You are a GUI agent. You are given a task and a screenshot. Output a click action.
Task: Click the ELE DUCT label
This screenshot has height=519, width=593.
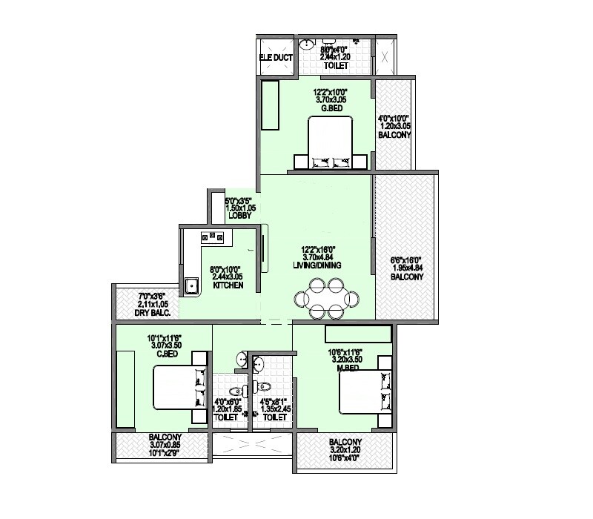[276, 57]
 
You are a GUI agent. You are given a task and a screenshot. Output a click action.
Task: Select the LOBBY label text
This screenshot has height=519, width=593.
[240, 216]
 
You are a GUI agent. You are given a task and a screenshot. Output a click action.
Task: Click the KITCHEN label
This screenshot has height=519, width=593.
[228, 285]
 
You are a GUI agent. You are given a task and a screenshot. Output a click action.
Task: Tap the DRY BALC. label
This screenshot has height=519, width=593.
[153, 313]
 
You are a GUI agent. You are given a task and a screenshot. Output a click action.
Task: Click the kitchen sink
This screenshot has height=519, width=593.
[191, 285]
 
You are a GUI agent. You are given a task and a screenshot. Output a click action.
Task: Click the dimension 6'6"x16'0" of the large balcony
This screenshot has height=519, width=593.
[407, 260]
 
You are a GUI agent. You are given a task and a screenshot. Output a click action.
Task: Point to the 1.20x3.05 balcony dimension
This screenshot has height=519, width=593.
[394, 127]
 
